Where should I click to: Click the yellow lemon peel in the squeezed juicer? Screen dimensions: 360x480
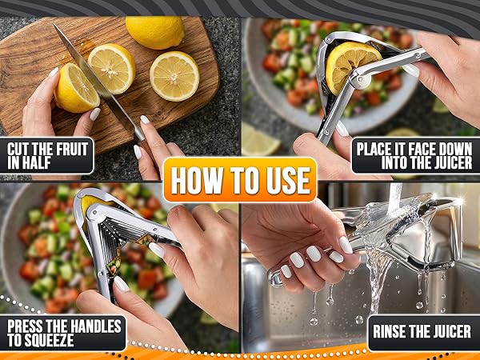[90, 203]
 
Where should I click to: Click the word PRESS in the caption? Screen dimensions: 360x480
[27, 326]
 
